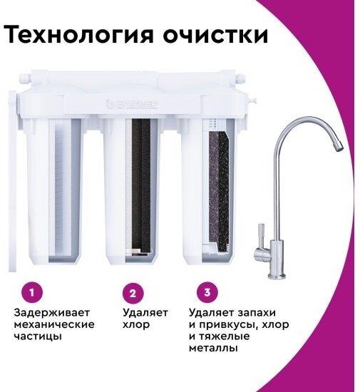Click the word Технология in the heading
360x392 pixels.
78,34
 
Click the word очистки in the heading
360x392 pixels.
215,35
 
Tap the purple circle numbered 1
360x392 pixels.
32,292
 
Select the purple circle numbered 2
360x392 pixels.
133,293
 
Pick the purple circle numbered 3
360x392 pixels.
207,292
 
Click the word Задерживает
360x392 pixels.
52,313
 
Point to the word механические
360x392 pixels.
54,324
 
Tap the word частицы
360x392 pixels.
38,336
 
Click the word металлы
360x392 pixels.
213,349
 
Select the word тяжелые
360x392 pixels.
225,336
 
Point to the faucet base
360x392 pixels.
277,276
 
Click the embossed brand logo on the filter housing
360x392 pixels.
133,104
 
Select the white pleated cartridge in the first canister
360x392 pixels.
61,187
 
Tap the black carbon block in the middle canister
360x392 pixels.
141,185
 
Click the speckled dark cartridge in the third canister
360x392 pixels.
219,191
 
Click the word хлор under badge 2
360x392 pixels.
136,324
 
